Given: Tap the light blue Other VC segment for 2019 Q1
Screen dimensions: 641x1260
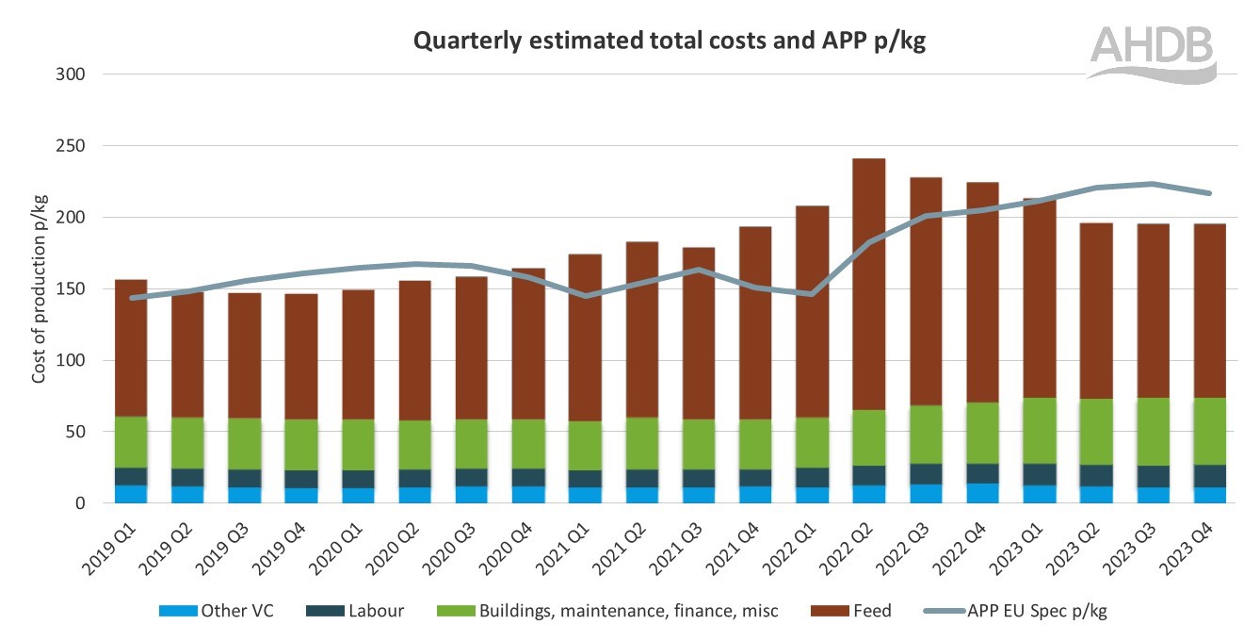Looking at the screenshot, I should click(130, 495).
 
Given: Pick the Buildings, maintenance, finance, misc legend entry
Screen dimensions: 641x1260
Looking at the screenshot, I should click(608, 611).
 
